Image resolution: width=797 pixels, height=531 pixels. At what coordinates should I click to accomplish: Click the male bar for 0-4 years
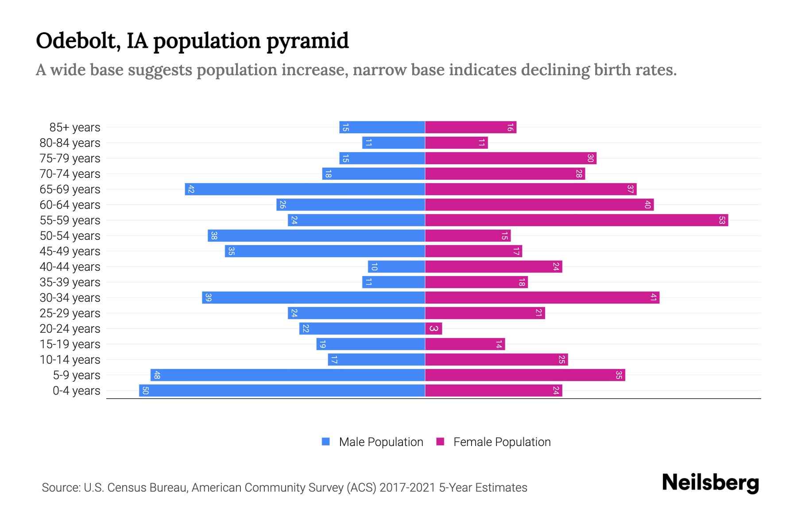tap(282, 390)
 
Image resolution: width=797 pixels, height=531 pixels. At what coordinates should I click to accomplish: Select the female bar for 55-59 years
tap(576, 220)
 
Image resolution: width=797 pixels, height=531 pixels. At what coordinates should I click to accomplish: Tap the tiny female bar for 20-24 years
tap(433, 328)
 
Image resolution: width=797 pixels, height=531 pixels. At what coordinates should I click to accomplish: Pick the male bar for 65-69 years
tap(305, 189)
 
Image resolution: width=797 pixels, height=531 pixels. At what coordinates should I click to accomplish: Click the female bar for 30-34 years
tap(542, 297)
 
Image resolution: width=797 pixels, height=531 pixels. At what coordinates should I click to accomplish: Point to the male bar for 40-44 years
tap(396, 266)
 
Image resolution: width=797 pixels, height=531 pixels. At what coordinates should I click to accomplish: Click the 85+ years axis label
tap(75, 127)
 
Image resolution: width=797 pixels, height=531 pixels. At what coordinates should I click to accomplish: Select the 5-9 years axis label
tap(77, 375)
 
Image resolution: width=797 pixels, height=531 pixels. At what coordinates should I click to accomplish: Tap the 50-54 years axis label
tap(70, 236)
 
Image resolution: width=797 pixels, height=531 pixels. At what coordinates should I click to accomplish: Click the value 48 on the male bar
tap(156, 375)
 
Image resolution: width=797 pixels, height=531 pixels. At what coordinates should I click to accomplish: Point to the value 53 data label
tap(722, 220)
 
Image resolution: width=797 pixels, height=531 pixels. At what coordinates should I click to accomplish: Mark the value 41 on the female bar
tap(653, 297)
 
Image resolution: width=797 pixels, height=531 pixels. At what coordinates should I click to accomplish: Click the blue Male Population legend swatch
tap(326, 442)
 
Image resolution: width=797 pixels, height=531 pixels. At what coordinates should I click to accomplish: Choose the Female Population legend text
tap(502, 442)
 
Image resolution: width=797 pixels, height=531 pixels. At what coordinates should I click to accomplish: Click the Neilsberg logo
tap(710, 483)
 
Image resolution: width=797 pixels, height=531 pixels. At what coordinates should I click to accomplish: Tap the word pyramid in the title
tap(307, 42)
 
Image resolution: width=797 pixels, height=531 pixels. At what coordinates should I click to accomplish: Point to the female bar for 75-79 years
tap(511, 158)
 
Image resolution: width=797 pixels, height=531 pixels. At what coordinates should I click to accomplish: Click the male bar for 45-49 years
tap(325, 251)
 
